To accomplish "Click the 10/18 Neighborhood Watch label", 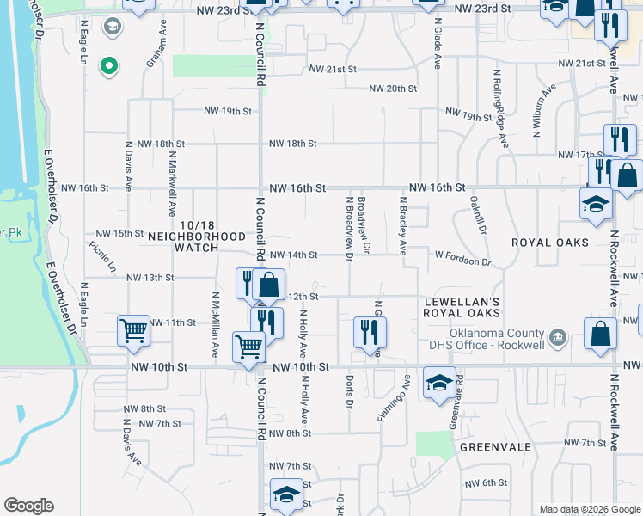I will pyautogui.click(x=197, y=242).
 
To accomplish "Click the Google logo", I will pyautogui.click(x=28, y=506).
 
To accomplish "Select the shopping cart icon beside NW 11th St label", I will pyautogui.click(x=134, y=331).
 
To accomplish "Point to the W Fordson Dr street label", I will pyautogui.click(x=462, y=256).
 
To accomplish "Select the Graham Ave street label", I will pyautogui.click(x=155, y=51).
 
